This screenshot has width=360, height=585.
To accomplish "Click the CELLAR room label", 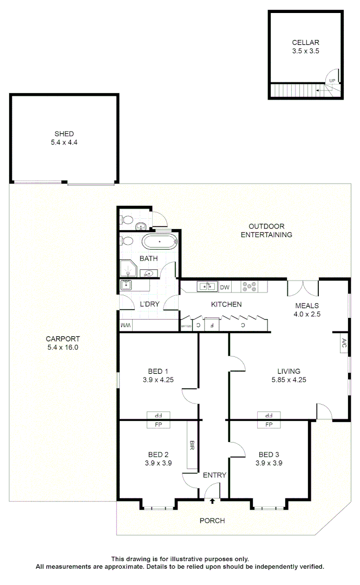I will coord(305,42).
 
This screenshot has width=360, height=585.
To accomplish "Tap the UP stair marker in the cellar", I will coord(332,81).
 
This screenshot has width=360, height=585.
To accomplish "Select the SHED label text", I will coord(64,134).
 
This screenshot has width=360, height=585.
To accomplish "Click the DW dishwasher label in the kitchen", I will coord(225,287).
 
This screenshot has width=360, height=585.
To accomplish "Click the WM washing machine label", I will coord(126,325).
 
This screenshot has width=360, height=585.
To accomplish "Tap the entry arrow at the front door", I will coord(212,501).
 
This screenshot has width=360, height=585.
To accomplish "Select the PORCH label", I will coord(212,521).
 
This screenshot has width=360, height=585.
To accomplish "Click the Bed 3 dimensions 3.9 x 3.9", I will coord(269,463).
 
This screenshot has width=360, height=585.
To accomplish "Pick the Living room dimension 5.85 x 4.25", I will coord(289,380).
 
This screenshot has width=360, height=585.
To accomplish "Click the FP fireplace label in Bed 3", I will coord(269,425).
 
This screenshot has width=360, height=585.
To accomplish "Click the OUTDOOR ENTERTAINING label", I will coord(266,230).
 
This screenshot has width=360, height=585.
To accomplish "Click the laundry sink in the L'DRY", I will coord(127,285).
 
